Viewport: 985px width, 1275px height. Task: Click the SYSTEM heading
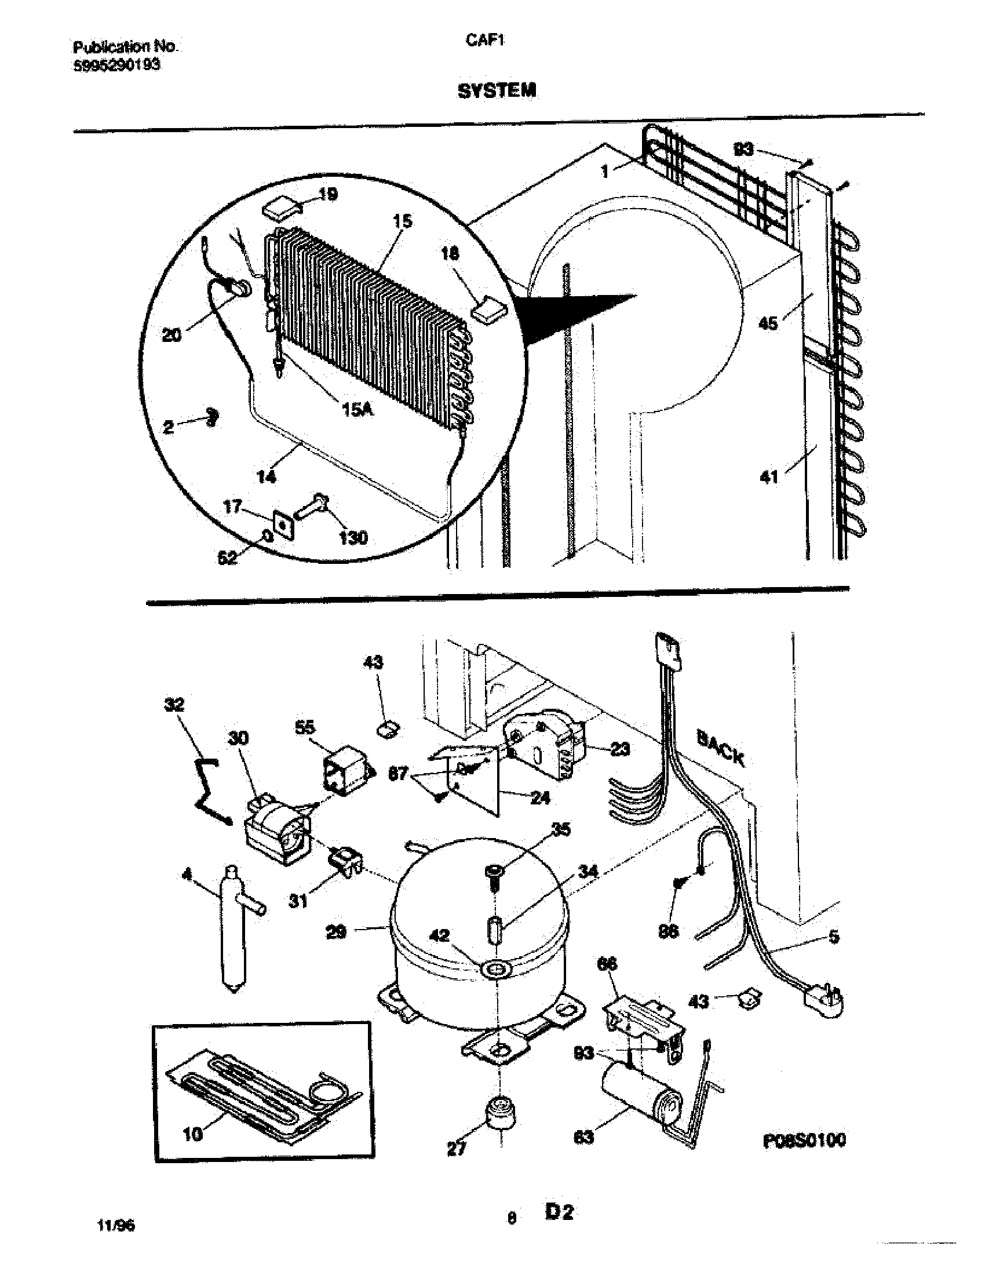pyautogui.click(x=497, y=91)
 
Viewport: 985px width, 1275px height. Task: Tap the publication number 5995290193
pyautogui.click(x=116, y=66)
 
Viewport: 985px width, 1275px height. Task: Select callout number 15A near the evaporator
pyautogui.click(x=356, y=410)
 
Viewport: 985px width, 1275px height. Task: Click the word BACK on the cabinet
pyautogui.click(x=721, y=749)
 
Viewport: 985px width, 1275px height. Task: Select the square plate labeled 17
pyautogui.click(x=282, y=526)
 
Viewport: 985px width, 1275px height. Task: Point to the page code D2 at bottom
pyautogui.click(x=559, y=1212)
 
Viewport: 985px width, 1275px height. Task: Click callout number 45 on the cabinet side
pyautogui.click(x=768, y=322)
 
